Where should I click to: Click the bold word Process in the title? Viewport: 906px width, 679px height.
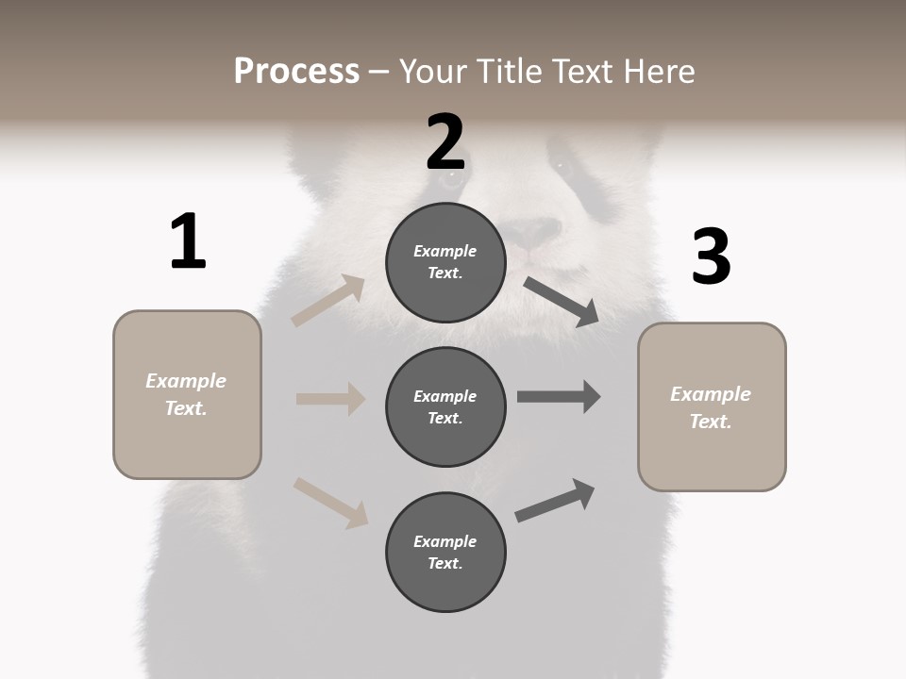pos(296,71)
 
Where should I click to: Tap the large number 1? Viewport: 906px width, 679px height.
pos(188,241)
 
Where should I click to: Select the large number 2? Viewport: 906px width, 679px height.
pos(445,142)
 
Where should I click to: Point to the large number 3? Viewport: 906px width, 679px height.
pos(711,257)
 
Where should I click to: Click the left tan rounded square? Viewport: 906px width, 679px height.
pos(187,394)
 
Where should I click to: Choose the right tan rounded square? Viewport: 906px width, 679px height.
pos(712,407)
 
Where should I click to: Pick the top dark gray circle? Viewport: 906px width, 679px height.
pos(445,262)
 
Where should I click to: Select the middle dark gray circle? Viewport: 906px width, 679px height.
pos(445,406)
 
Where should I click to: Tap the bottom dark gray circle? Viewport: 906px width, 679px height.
pos(445,552)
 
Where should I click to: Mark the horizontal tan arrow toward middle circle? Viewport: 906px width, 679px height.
pos(330,399)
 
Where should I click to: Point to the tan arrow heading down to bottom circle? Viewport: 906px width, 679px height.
pos(330,503)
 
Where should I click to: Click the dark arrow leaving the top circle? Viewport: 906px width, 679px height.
pos(562,302)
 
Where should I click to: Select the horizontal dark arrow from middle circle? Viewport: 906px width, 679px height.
pos(559,397)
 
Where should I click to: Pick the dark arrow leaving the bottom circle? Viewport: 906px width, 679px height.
pos(555,500)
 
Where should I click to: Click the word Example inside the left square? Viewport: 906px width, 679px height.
pos(186,381)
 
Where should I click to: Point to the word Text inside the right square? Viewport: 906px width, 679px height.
pos(710,422)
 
